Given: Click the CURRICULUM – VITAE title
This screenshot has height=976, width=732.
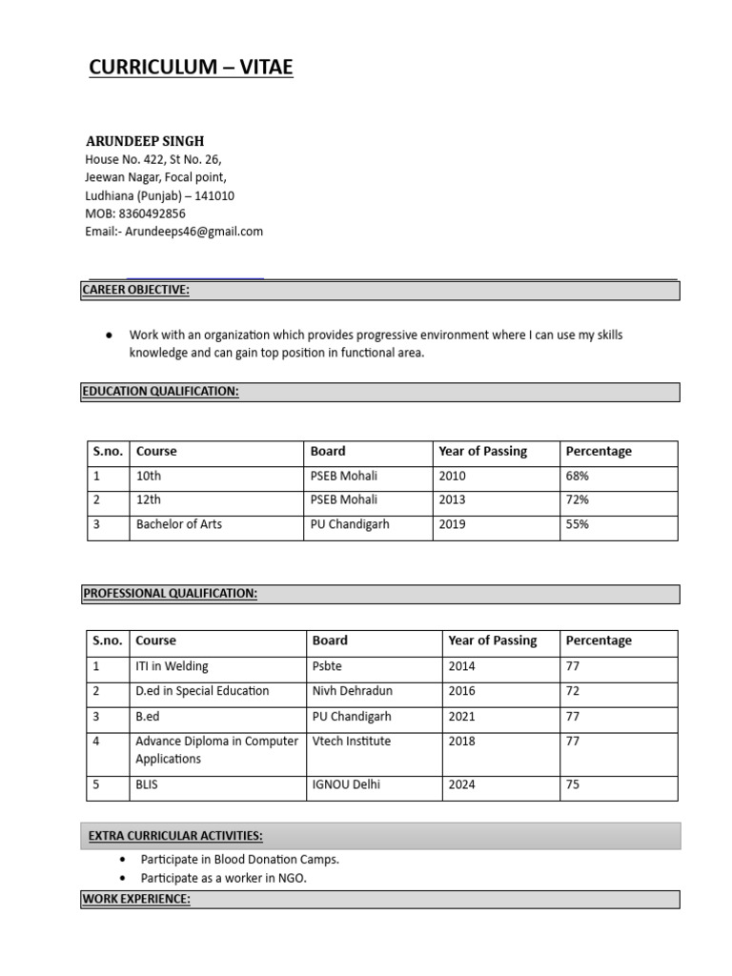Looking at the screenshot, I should [x=191, y=67].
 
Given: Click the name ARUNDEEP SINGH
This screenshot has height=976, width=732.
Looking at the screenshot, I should [x=145, y=141].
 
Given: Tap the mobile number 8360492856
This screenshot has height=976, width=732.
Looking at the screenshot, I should [x=152, y=213].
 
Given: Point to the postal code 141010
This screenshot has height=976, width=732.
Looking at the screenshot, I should [x=214, y=195].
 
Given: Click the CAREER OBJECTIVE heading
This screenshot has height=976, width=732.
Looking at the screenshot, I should [x=136, y=291].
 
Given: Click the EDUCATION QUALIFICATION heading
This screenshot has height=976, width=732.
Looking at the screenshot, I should [x=161, y=392].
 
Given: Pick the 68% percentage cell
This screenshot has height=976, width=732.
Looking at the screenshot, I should [x=578, y=476].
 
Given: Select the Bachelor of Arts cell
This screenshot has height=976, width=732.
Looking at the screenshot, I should [x=179, y=524].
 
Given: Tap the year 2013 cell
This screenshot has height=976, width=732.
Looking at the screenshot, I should [x=453, y=499].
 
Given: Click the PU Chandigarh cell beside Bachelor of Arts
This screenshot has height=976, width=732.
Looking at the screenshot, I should [x=350, y=524].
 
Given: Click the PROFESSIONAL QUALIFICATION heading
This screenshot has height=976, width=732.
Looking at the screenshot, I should [x=171, y=594].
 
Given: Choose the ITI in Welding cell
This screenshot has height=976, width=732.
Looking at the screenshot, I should [x=172, y=666].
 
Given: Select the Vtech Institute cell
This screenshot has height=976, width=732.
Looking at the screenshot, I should [x=351, y=741].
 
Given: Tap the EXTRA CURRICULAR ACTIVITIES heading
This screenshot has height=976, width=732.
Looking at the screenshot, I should [x=175, y=836].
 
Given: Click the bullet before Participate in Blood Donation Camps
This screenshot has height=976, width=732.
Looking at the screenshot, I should [x=125, y=860].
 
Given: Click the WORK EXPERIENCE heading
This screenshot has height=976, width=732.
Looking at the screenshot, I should [x=136, y=899].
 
